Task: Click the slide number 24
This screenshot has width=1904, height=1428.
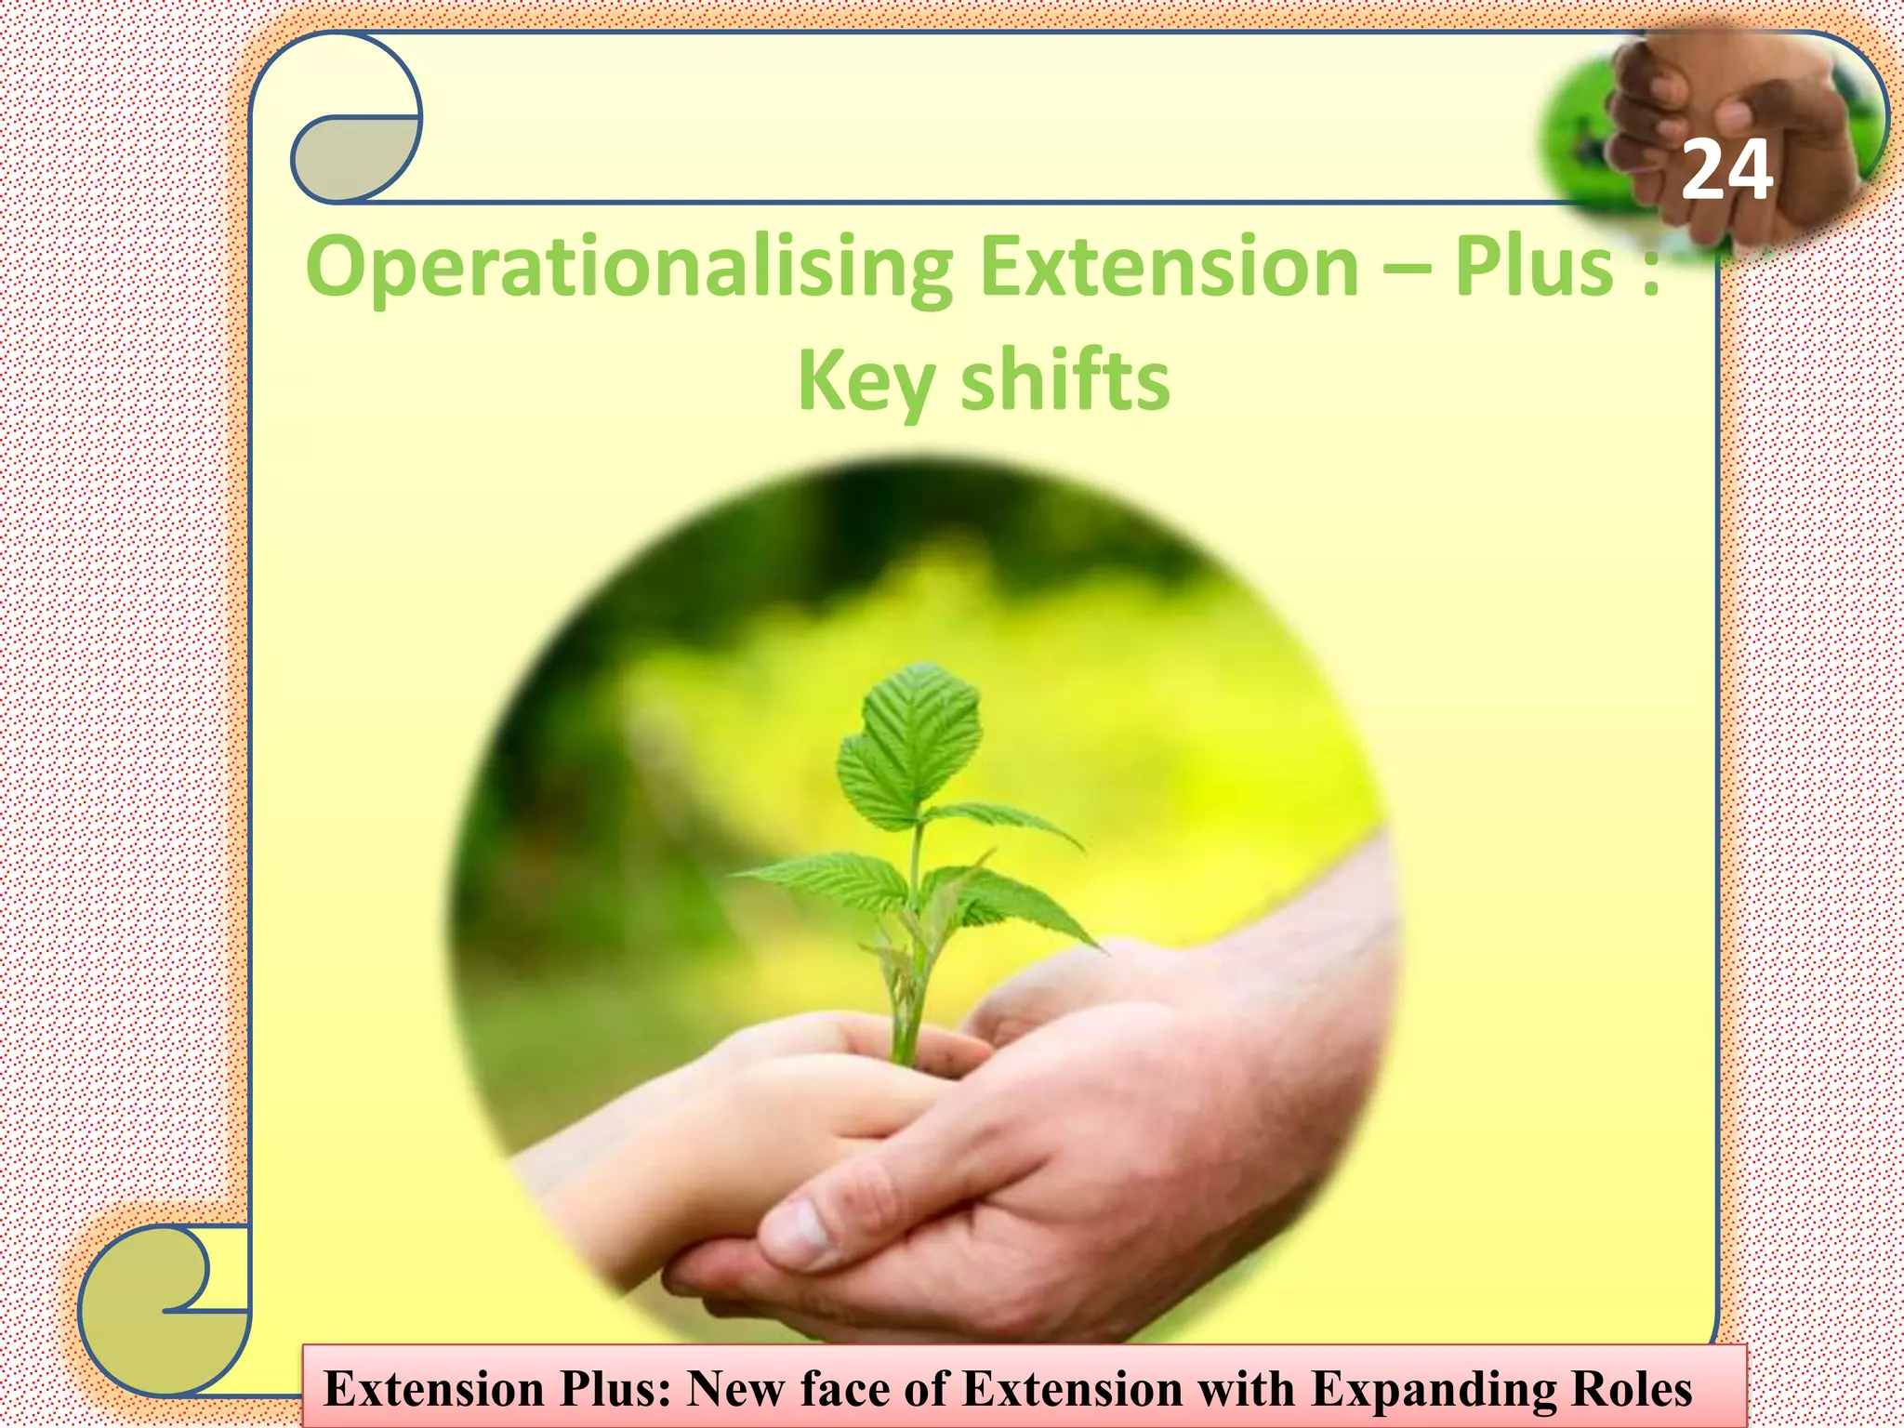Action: pos(1726,171)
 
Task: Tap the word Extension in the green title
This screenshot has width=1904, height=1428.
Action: pos(1170,268)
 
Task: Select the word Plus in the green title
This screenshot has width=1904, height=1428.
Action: pos(1533,268)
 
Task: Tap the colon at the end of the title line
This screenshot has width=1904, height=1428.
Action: pos(1651,274)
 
